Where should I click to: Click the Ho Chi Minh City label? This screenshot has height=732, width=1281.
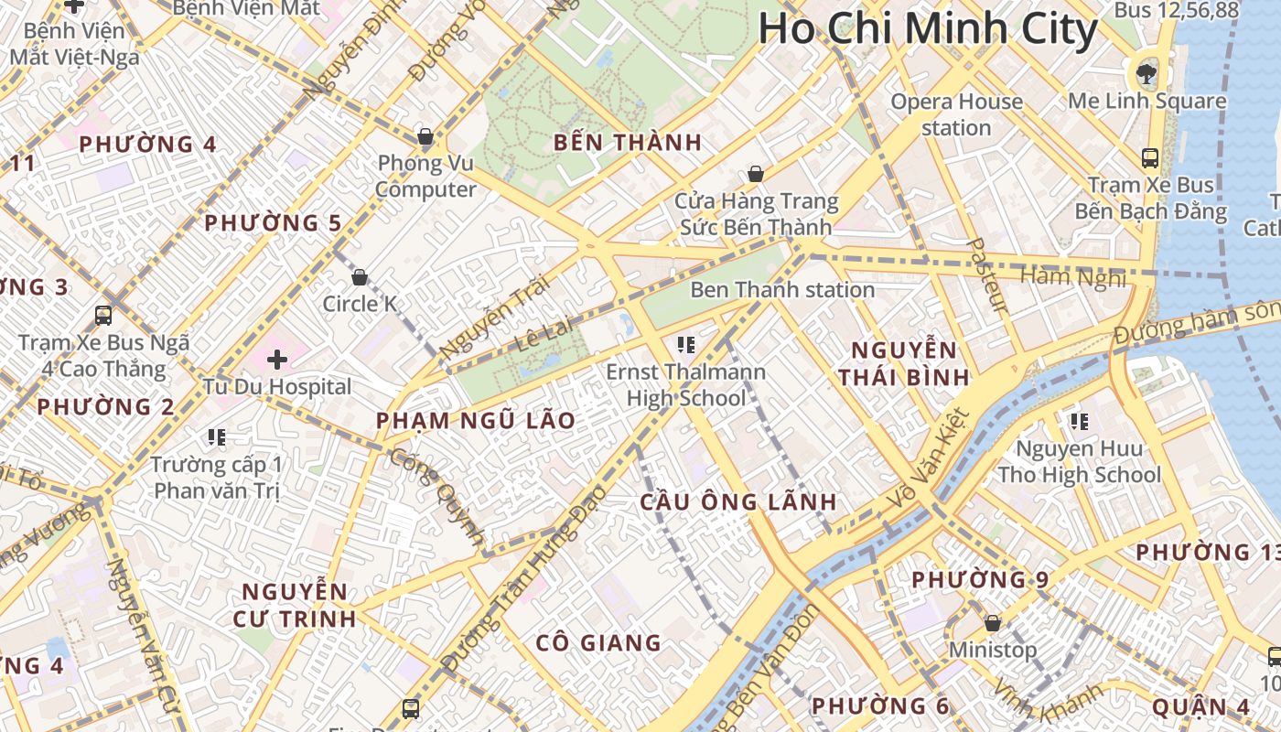click(x=927, y=29)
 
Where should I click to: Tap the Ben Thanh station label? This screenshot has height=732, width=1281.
click(x=782, y=290)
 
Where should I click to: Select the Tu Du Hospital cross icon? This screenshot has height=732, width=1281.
click(x=276, y=360)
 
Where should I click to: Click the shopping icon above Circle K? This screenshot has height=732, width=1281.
click(x=360, y=276)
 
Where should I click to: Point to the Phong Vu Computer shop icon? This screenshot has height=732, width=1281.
click(x=425, y=137)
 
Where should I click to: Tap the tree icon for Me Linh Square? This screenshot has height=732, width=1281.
click(x=1146, y=72)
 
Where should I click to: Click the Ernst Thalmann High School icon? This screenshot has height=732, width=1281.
click(x=686, y=345)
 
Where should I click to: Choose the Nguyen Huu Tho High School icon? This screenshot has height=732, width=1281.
click(x=1080, y=422)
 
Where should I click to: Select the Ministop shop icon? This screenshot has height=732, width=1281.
click(x=993, y=623)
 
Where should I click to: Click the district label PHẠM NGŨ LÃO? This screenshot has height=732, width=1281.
click(x=477, y=421)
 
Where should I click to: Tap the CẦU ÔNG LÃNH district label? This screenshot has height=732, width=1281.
click(x=738, y=501)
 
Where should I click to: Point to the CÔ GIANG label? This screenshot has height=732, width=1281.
click(x=598, y=642)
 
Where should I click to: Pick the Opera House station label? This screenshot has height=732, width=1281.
click(x=956, y=114)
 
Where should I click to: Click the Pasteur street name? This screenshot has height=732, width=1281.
click(x=987, y=275)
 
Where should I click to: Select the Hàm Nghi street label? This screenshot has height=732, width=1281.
click(x=1072, y=276)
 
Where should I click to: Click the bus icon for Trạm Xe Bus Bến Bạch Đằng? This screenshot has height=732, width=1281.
click(x=1150, y=157)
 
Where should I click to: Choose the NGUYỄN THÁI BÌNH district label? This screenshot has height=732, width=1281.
click(x=904, y=363)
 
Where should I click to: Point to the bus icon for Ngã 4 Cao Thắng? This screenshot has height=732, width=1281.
click(x=103, y=316)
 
